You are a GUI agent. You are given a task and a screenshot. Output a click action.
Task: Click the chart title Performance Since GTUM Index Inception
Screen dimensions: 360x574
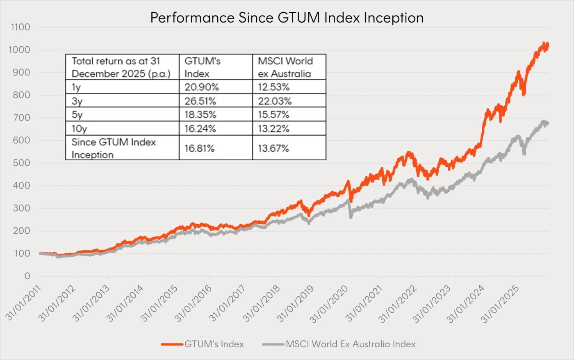pos(287,18)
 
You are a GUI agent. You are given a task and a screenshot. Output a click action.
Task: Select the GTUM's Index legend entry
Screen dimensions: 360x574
pos(214,344)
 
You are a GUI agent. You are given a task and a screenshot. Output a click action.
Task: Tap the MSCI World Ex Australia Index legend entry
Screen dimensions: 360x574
pos(351,344)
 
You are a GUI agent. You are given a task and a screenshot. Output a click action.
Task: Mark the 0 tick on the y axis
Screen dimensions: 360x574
pos(27,276)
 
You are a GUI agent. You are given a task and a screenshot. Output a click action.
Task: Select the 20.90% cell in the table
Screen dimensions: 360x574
pos(201,87)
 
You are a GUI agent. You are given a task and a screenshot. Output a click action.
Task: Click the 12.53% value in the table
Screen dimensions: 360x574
pos(273,87)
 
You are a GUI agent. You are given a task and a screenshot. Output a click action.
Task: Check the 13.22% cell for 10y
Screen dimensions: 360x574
pos(273,128)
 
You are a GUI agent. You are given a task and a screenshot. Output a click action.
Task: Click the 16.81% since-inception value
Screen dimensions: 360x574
pos(199,148)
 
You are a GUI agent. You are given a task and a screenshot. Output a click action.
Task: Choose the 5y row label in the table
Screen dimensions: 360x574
pos(77,114)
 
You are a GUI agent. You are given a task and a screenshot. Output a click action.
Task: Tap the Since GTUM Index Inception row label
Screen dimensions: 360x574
pos(114,148)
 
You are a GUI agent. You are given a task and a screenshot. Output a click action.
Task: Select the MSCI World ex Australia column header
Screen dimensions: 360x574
pos(285,67)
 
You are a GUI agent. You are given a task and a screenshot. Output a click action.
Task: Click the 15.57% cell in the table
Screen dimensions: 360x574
pos(273,114)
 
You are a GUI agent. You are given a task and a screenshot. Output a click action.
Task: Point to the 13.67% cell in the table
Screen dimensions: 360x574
pos(273,148)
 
